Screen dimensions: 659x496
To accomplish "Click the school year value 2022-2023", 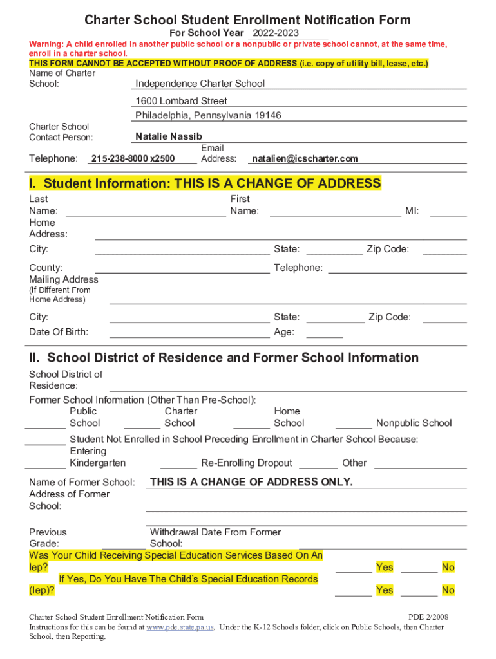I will (x=276, y=33).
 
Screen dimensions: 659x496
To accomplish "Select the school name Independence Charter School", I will (x=200, y=84).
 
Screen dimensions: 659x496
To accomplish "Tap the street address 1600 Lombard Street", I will (x=181, y=101).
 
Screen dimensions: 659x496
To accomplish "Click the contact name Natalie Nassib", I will (x=169, y=136).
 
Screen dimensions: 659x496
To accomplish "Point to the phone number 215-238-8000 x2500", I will (x=133, y=158).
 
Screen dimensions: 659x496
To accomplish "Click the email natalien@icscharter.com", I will (x=305, y=158).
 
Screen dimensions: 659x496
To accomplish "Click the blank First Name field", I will (x=335, y=211).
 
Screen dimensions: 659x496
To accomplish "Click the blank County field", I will (x=182, y=268).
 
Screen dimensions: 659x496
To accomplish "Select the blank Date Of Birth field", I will (x=189, y=332).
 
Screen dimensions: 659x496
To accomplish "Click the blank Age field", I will (x=325, y=332).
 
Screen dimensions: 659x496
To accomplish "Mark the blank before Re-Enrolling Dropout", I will (x=178, y=463).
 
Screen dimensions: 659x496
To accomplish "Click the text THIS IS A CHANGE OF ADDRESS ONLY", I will (x=251, y=482).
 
